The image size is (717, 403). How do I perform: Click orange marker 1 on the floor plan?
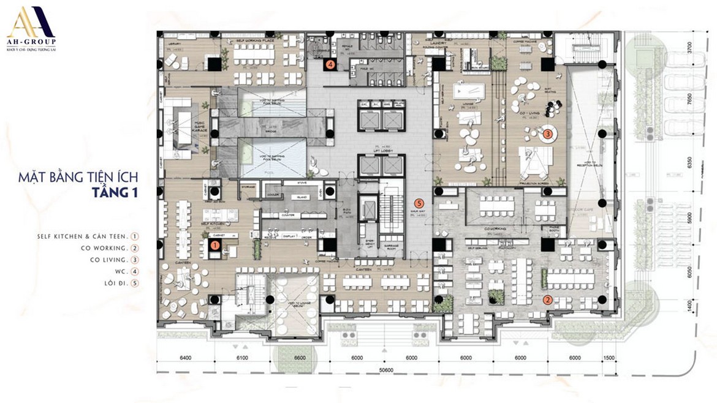coord(214,244)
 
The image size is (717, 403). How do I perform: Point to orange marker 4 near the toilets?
coord(330,63)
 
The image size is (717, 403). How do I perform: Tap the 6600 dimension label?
coord(300,358)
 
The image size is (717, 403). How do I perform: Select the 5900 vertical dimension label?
coord(689,219)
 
